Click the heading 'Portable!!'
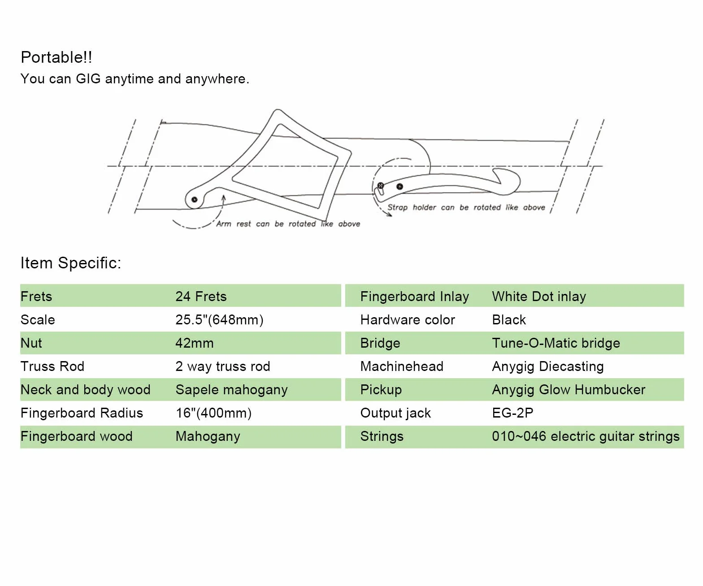[x=56, y=57]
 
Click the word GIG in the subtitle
[x=88, y=79]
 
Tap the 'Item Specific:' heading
[x=71, y=263]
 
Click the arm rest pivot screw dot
[x=194, y=199]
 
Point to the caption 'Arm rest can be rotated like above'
[x=288, y=224]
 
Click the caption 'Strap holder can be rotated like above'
[x=466, y=207]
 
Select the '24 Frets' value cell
[x=201, y=297]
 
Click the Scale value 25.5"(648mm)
[x=220, y=319]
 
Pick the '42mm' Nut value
[x=195, y=343]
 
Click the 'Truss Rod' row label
[x=52, y=366]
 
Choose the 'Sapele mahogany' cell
[x=232, y=390]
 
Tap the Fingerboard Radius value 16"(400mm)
[x=214, y=413]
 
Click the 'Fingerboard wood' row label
[x=77, y=436]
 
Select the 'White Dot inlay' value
[x=539, y=297]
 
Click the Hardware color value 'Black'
[x=509, y=319]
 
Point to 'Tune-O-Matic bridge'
[x=556, y=343]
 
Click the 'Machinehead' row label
[x=402, y=366]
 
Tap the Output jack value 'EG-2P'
[x=513, y=413]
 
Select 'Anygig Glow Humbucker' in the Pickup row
[x=568, y=390]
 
